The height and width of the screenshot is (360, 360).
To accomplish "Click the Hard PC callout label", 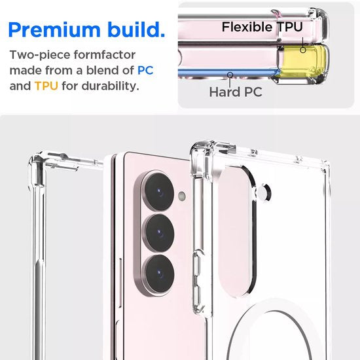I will (x=236, y=92).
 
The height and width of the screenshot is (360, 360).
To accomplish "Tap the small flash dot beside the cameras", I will (x=183, y=196).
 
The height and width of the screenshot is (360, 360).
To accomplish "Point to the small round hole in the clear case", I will (x=266, y=192).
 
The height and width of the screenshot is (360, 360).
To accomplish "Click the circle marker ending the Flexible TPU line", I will (x=304, y=48).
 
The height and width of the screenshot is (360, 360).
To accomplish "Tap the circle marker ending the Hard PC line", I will (x=229, y=74).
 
